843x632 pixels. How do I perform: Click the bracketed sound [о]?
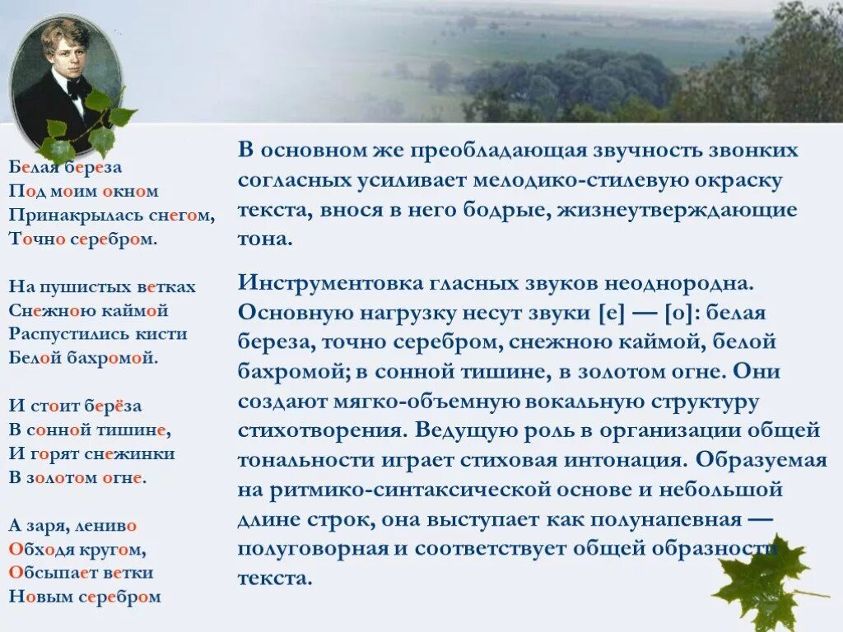(x=682, y=314)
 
